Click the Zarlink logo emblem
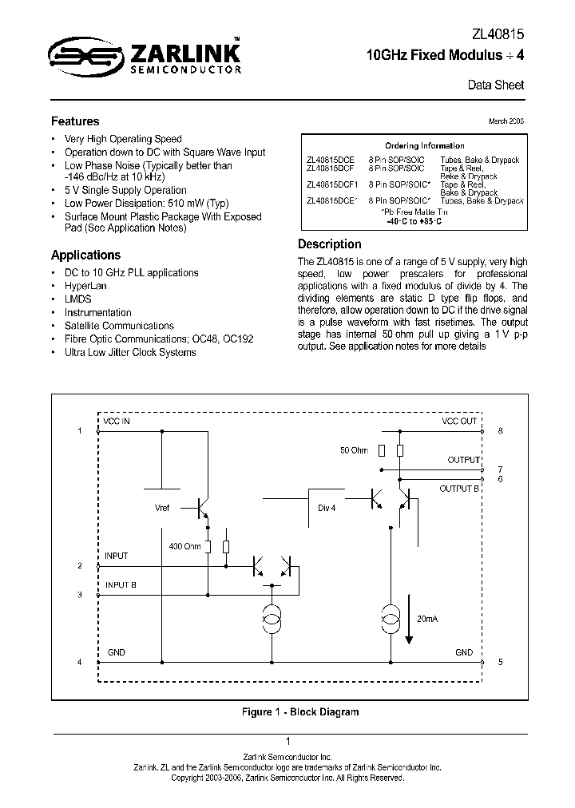click(x=77, y=55)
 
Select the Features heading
click(x=75, y=121)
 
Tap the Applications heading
click(x=85, y=255)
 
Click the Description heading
click(x=329, y=244)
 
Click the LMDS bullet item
click(x=77, y=299)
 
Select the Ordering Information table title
click(x=424, y=146)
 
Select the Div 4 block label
click(x=327, y=508)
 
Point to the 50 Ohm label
click(x=354, y=450)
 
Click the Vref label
click(x=162, y=508)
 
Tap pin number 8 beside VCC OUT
click(x=499, y=430)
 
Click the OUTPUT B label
click(x=459, y=489)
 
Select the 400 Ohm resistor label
click(x=185, y=547)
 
